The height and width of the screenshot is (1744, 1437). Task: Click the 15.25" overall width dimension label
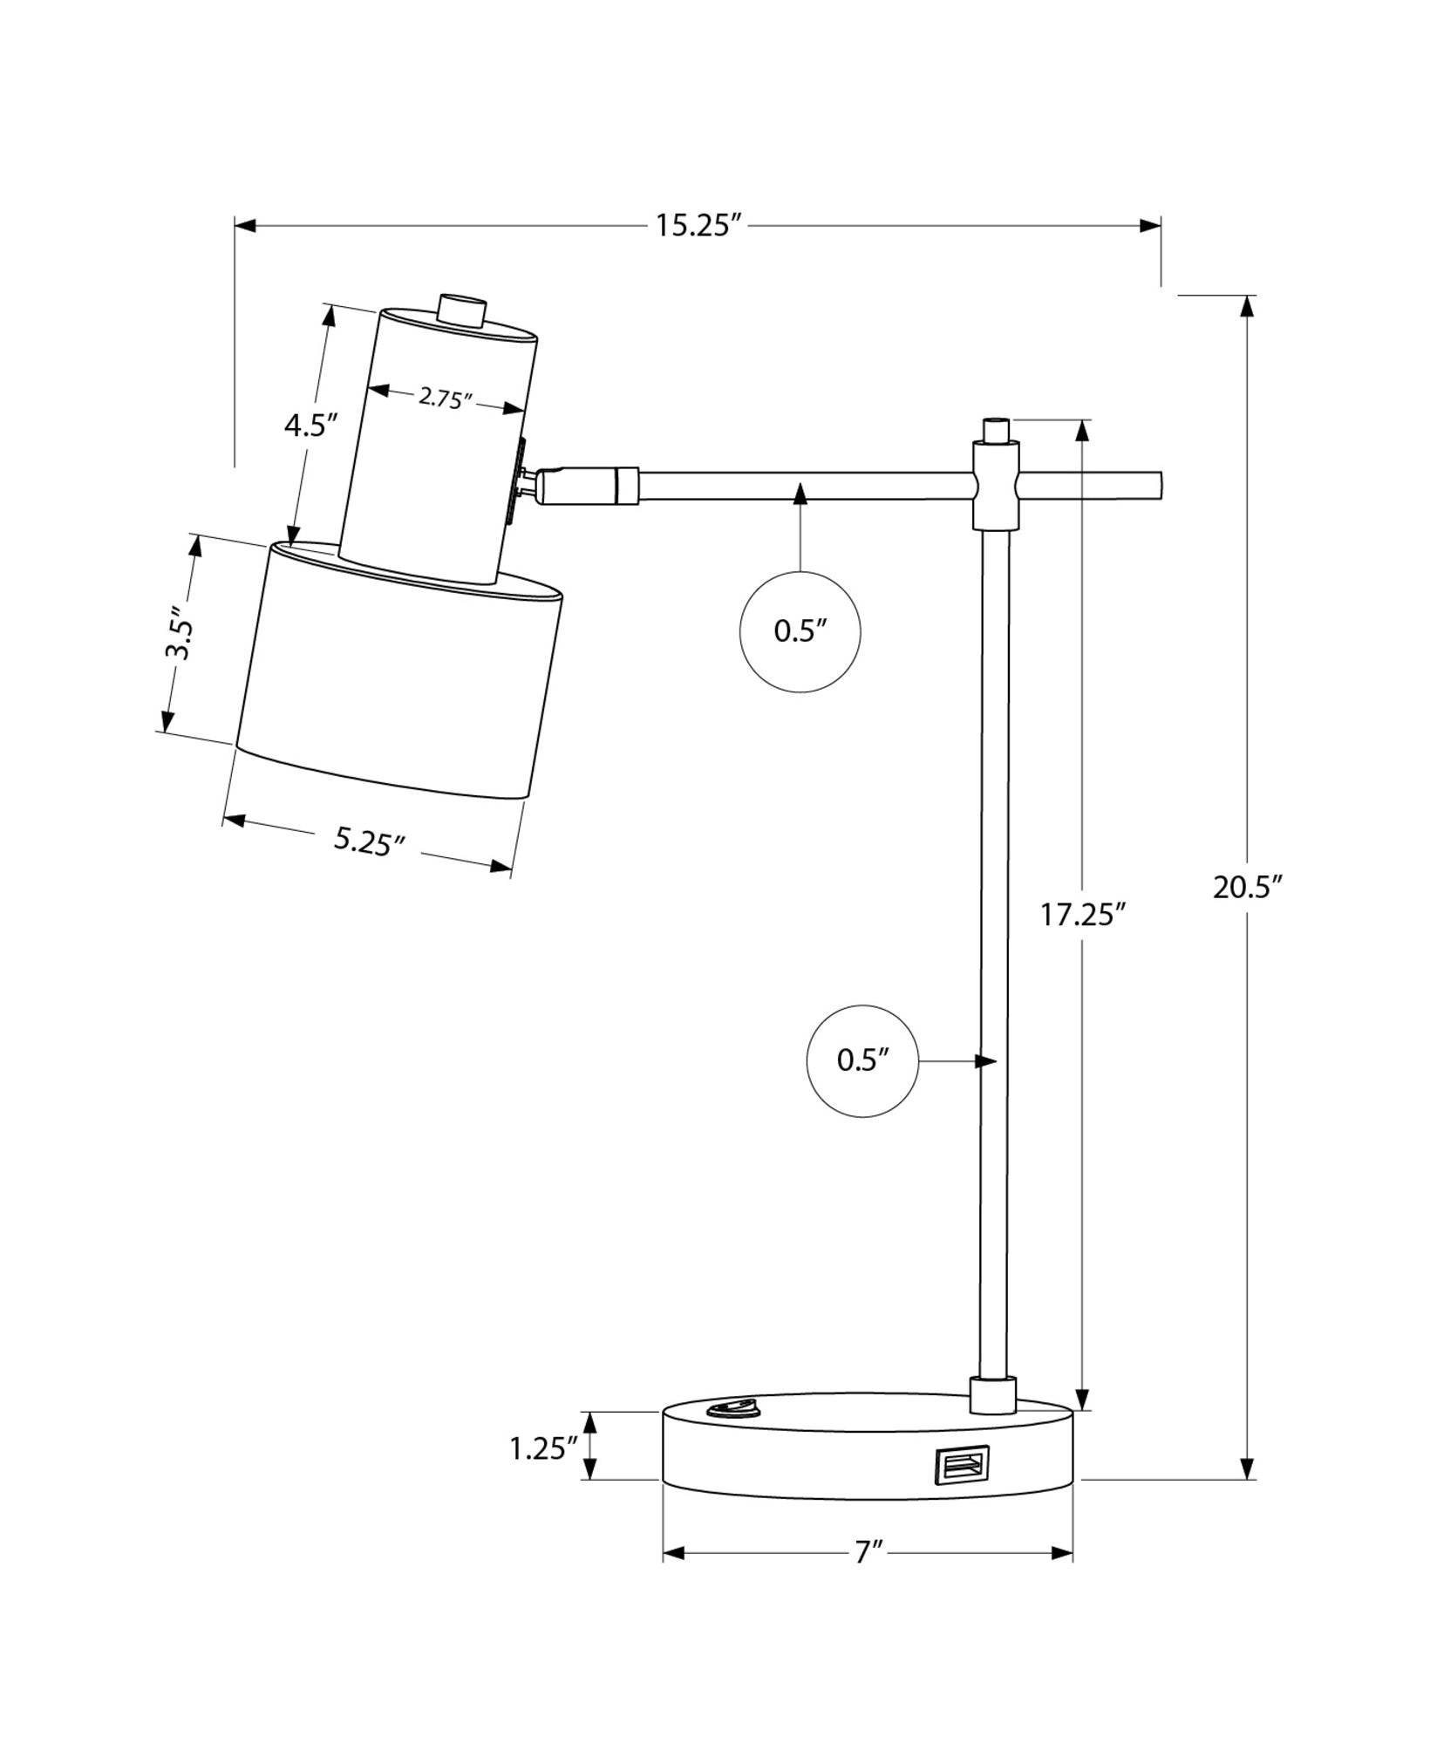click(698, 227)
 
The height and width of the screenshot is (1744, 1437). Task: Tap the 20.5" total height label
click(1248, 888)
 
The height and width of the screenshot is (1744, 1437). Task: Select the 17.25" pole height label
click(1083, 916)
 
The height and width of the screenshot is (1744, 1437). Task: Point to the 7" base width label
click(868, 1553)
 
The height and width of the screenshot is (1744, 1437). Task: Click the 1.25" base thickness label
click(544, 1449)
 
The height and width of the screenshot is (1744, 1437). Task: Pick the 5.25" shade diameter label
click(370, 841)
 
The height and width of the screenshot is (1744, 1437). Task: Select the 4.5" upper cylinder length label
click(310, 426)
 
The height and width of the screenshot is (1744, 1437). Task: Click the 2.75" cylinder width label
click(445, 399)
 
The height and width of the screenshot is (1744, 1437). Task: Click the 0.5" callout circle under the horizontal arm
click(800, 632)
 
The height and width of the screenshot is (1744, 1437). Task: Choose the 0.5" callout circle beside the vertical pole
click(862, 1061)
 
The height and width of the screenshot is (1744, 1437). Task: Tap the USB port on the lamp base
click(963, 1464)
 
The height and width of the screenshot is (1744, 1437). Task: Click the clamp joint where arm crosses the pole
click(995, 485)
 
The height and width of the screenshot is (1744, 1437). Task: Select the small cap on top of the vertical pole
click(995, 430)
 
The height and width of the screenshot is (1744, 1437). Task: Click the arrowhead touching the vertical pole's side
click(986, 1061)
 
